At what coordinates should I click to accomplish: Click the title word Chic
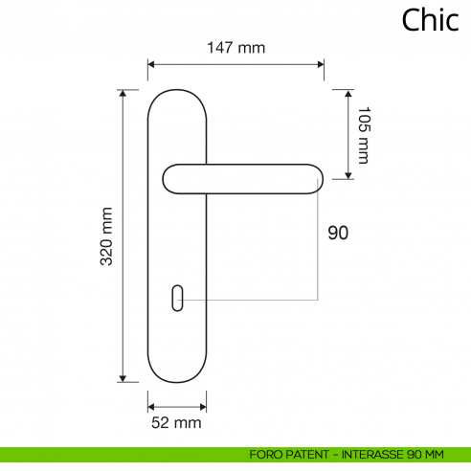click(x=430, y=20)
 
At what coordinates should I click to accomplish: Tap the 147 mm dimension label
click(x=235, y=47)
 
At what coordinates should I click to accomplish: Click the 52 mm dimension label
click(x=176, y=422)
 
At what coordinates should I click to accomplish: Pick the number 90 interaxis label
click(x=338, y=233)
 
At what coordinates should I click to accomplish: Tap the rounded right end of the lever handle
click(x=314, y=179)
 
